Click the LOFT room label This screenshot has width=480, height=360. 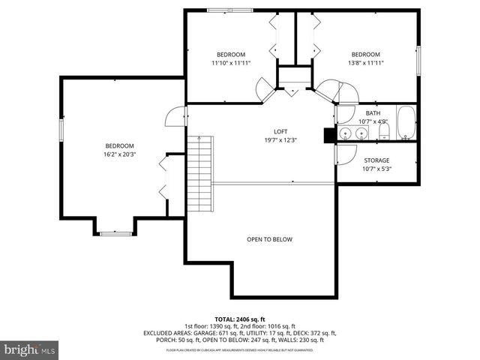click(x=280, y=131)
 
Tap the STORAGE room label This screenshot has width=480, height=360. click(x=376, y=160)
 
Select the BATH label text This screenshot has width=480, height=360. click(x=373, y=113)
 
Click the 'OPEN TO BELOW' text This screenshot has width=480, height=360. click(x=269, y=239)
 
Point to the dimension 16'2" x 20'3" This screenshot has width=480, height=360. click(x=119, y=154)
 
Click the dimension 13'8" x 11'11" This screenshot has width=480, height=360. click(x=366, y=63)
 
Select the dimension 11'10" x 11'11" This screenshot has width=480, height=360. click(x=231, y=63)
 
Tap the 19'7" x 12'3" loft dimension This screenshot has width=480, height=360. click(x=280, y=140)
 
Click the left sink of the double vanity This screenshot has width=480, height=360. click(x=345, y=133)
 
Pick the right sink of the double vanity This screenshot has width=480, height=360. click(x=361, y=133)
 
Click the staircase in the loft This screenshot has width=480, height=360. click(x=200, y=165)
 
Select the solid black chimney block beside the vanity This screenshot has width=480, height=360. click(x=328, y=134)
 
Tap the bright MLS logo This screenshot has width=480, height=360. click(x=30, y=349)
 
